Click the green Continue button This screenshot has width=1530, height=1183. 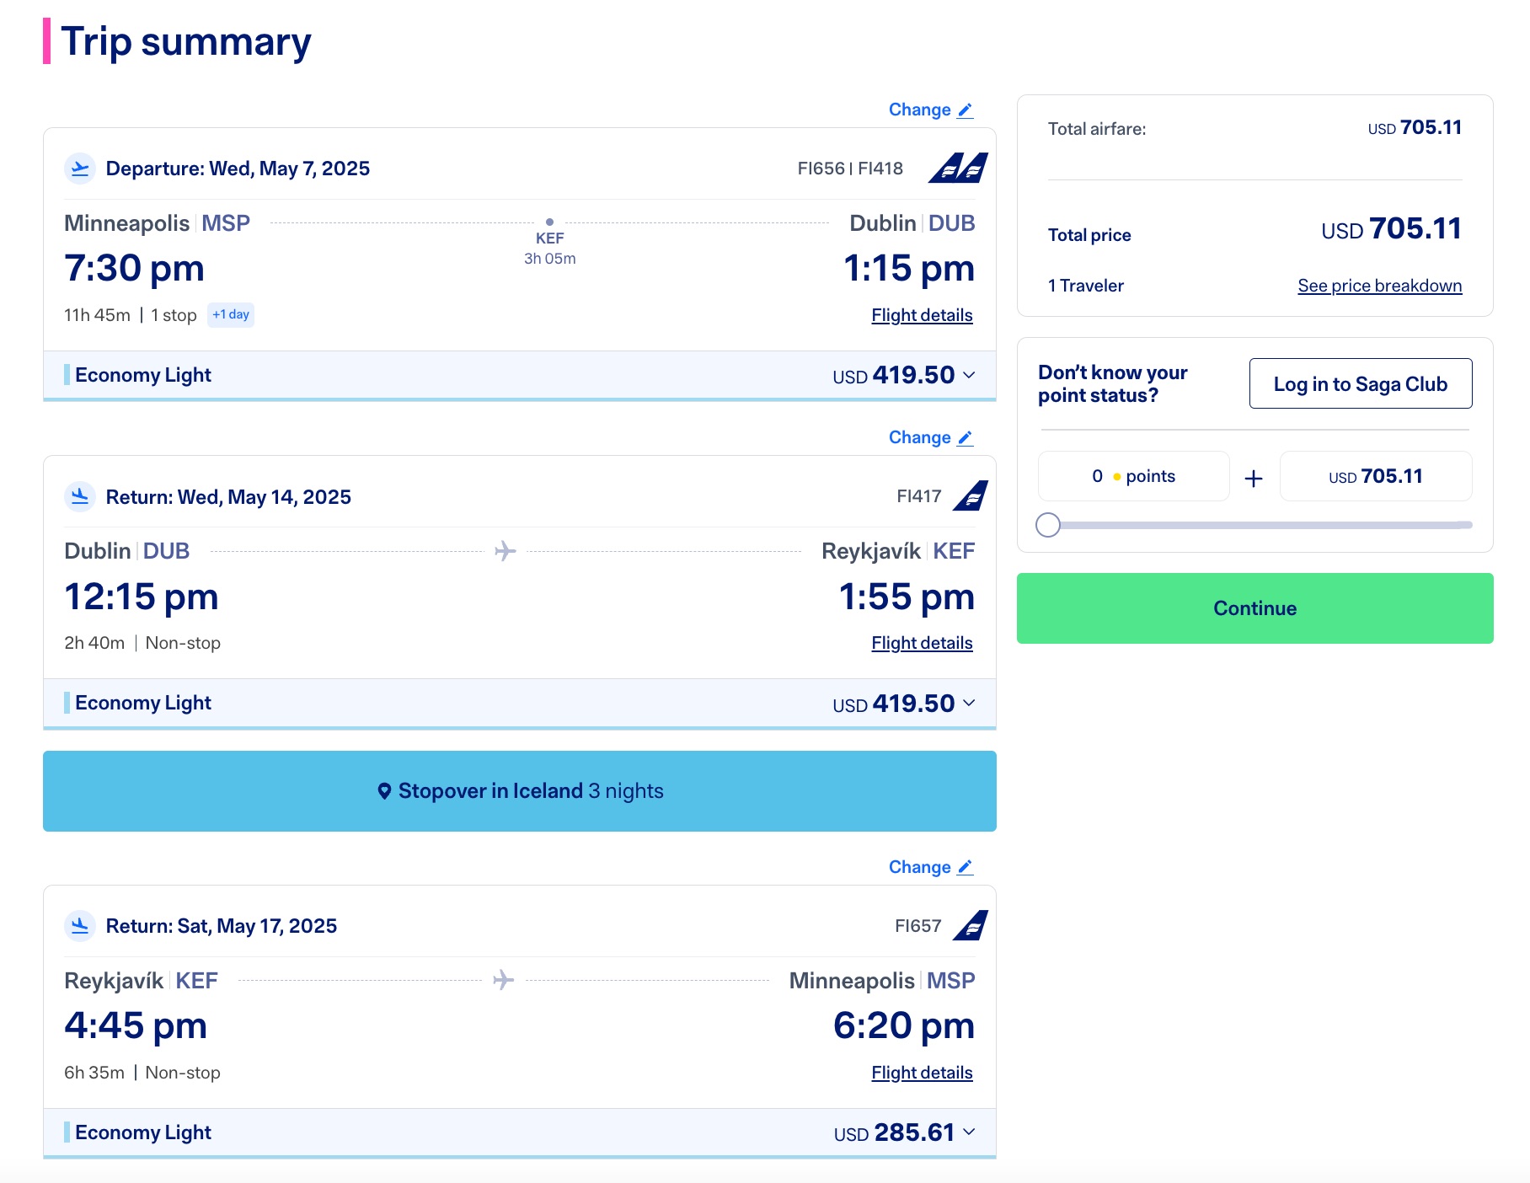(x=1254, y=608)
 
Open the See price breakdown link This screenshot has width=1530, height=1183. (x=1379, y=286)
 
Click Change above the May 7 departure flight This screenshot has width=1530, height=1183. (x=930, y=110)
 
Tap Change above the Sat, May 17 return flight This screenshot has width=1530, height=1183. (x=930, y=867)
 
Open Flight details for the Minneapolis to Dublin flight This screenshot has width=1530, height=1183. (x=922, y=315)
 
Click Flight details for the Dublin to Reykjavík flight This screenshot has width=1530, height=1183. (x=922, y=643)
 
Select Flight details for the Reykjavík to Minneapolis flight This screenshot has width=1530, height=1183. (x=922, y=1073)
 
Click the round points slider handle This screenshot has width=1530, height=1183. (x=1048, y=525)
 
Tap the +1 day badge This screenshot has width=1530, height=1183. (x=231, y=314)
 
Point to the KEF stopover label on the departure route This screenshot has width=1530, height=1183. (x=549, y=238)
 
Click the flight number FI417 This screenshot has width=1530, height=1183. (x=918, y=496)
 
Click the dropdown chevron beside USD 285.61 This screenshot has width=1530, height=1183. (x=969, y=1132)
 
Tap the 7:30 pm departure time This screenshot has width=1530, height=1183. (x=135, y=269)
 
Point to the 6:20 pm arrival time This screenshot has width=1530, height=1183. (x=903, y=1026)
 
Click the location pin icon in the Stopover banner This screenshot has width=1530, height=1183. (x=384, y=791)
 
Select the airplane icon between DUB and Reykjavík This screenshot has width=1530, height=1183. (x=506, y=551)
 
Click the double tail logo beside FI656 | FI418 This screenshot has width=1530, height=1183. (x=959, y=168)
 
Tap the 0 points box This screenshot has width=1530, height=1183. (x=1133, y=476)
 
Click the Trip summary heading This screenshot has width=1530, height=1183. (x=185, y=42)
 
